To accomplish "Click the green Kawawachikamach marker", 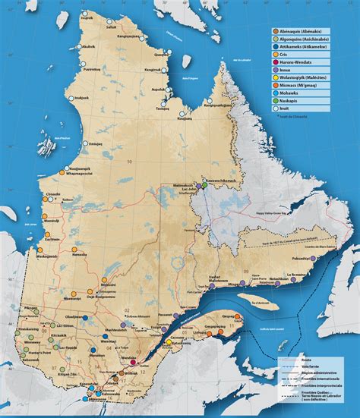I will pos(204,184).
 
